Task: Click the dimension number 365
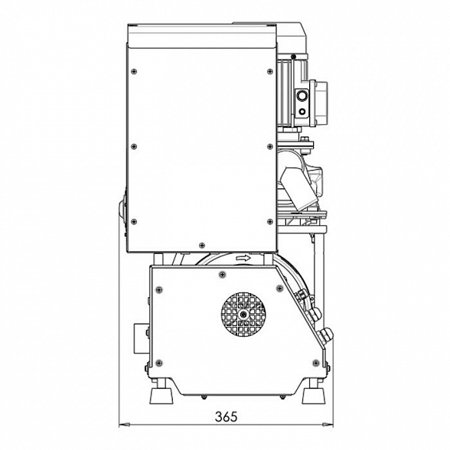click(x=227, y=416)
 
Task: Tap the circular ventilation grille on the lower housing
click(x=243, y=315)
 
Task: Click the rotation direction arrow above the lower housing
click(x=243, y=259)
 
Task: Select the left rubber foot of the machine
click(x=161, y=396)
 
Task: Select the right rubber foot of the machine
click(x=313, y=396)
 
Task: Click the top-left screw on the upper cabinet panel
click(x=134, y=71)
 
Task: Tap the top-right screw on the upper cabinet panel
click(x=270, y=71)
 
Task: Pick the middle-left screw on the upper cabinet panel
click(x=134, y=147)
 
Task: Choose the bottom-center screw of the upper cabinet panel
click(x=202, y=245)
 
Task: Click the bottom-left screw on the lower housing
click(x=159, y=363)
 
